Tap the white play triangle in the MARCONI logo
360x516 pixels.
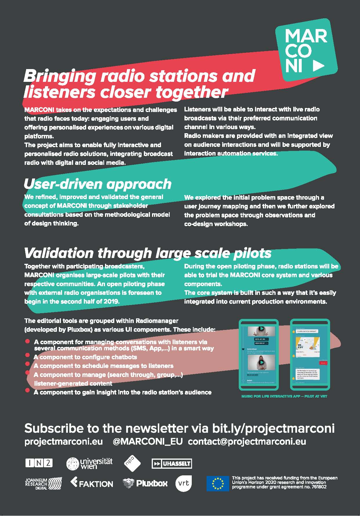coord(319,66)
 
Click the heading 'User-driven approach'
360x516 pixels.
coord(97,184)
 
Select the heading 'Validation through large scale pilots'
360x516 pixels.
coord(147,253)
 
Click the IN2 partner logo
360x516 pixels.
coord(39,463)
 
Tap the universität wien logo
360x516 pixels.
coord(89,463)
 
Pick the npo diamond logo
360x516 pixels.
coord(132,463)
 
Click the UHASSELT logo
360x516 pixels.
coord(172,464)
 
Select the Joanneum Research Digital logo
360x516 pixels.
coord(43,483)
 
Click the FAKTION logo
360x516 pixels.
coord(92,483)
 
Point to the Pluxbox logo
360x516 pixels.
coord(145,483)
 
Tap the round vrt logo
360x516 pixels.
coord(184,483)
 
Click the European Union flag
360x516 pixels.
coord(218,483)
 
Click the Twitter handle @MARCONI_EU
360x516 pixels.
coord(147,441)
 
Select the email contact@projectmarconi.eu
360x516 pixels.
coord(247,441)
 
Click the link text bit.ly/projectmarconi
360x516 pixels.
coord(273,428)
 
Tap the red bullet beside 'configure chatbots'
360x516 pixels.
coord(28,355)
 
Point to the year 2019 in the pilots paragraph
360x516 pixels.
coord(111,301)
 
